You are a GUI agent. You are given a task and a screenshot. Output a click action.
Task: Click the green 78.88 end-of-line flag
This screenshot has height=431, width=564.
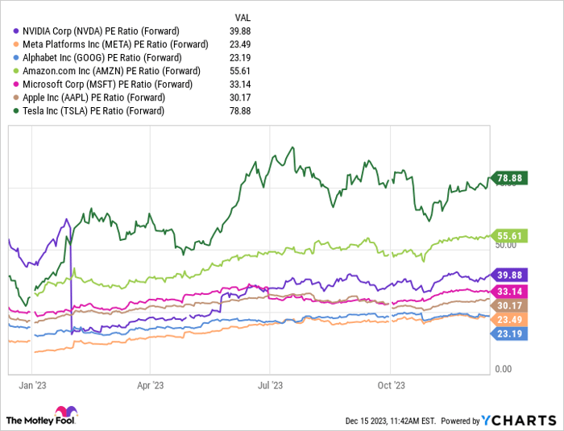point(510,179)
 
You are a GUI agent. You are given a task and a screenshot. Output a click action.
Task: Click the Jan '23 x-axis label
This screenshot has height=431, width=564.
point(32,384)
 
